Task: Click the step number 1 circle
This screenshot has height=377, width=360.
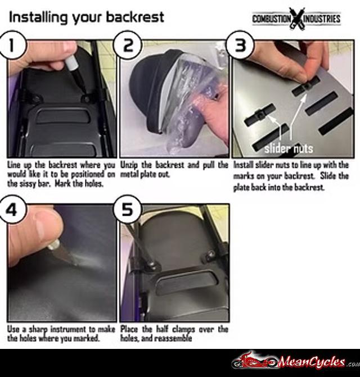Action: tap(12, 45)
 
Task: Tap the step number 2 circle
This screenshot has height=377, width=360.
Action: tap(128, 45)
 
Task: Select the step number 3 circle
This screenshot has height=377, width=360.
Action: tap(240, 45)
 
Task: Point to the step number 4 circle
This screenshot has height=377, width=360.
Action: tap(12, 209)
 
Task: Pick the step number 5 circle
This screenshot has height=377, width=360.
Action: tap(127, 209)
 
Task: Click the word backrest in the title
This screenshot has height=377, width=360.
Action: tap(135, 17)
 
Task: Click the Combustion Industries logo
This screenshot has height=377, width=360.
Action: tap(296, 19)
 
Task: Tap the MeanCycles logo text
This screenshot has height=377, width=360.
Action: tap(312, 362)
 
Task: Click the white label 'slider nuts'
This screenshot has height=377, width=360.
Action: tap(289, 148)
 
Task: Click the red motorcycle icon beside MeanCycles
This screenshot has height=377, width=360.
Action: tap(255, 361)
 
